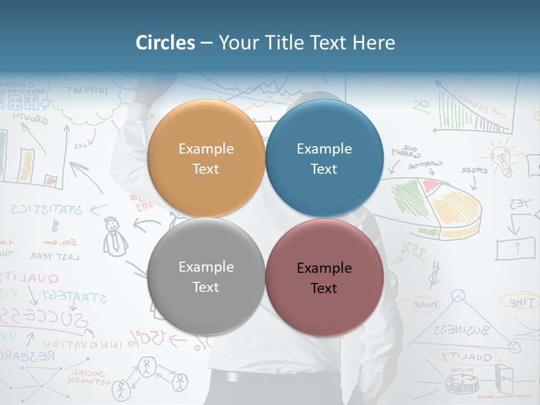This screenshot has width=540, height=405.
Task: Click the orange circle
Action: tap(206, 158)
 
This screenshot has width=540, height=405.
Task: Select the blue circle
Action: tap(324, 158)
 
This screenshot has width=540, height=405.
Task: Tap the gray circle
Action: tap(206, 276)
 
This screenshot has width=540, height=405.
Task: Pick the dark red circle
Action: tap(324, 277)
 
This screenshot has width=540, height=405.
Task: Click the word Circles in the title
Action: tap(165, 43)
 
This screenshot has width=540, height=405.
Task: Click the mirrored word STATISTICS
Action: tap(46, 210)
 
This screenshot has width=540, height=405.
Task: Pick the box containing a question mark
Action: tap(515, 247)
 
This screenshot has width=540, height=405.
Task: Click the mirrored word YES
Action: tap(521, 204)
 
